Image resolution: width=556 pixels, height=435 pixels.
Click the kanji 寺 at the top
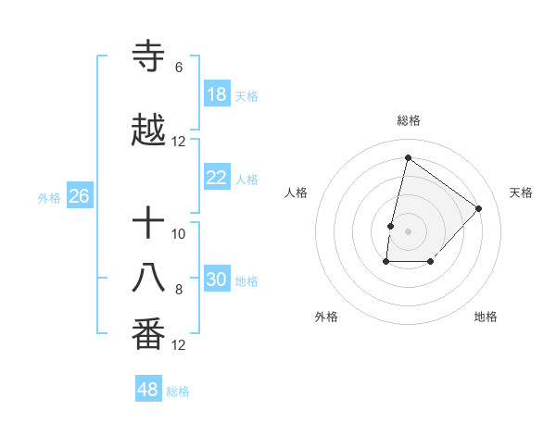coord(148,57)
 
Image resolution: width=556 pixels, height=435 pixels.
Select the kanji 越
coord(148,130)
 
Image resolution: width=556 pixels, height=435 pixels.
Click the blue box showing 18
coord(217,94)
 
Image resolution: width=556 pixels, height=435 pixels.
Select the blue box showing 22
coord(217,178)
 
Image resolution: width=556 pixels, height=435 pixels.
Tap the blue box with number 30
coord(217,280)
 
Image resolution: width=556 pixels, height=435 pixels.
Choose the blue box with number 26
coord(79,196)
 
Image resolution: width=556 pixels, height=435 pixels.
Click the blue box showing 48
coord(148,390)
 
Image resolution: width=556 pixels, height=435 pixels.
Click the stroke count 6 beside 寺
coord(179,68)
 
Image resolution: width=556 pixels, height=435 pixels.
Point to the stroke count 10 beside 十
coord(179,234)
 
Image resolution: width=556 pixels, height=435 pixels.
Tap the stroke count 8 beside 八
coord(179,290)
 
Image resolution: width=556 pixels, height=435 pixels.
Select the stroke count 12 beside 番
coord(179,345)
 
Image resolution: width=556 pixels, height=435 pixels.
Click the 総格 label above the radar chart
coord(409,120)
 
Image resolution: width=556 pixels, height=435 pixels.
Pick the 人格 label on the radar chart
coord(297,193)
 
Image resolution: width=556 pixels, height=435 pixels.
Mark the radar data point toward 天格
coord(479,208)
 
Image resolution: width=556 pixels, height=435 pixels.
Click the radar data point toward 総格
coord(408,158)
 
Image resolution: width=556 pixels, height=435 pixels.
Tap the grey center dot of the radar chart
coord(408,230)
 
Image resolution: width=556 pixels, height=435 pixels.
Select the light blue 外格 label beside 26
coord(49,197)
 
